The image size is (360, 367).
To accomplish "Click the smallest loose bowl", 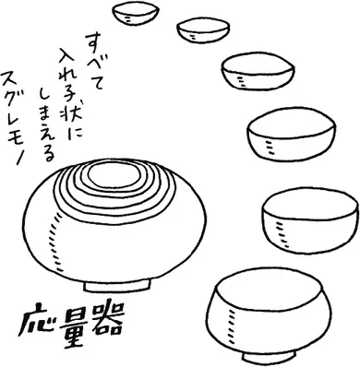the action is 136,14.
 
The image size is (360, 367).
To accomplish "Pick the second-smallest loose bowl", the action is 203,30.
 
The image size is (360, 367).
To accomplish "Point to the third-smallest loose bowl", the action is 258,71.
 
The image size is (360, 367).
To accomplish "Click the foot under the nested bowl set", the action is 117,286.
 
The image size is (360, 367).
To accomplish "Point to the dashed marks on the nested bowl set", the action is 54,243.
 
